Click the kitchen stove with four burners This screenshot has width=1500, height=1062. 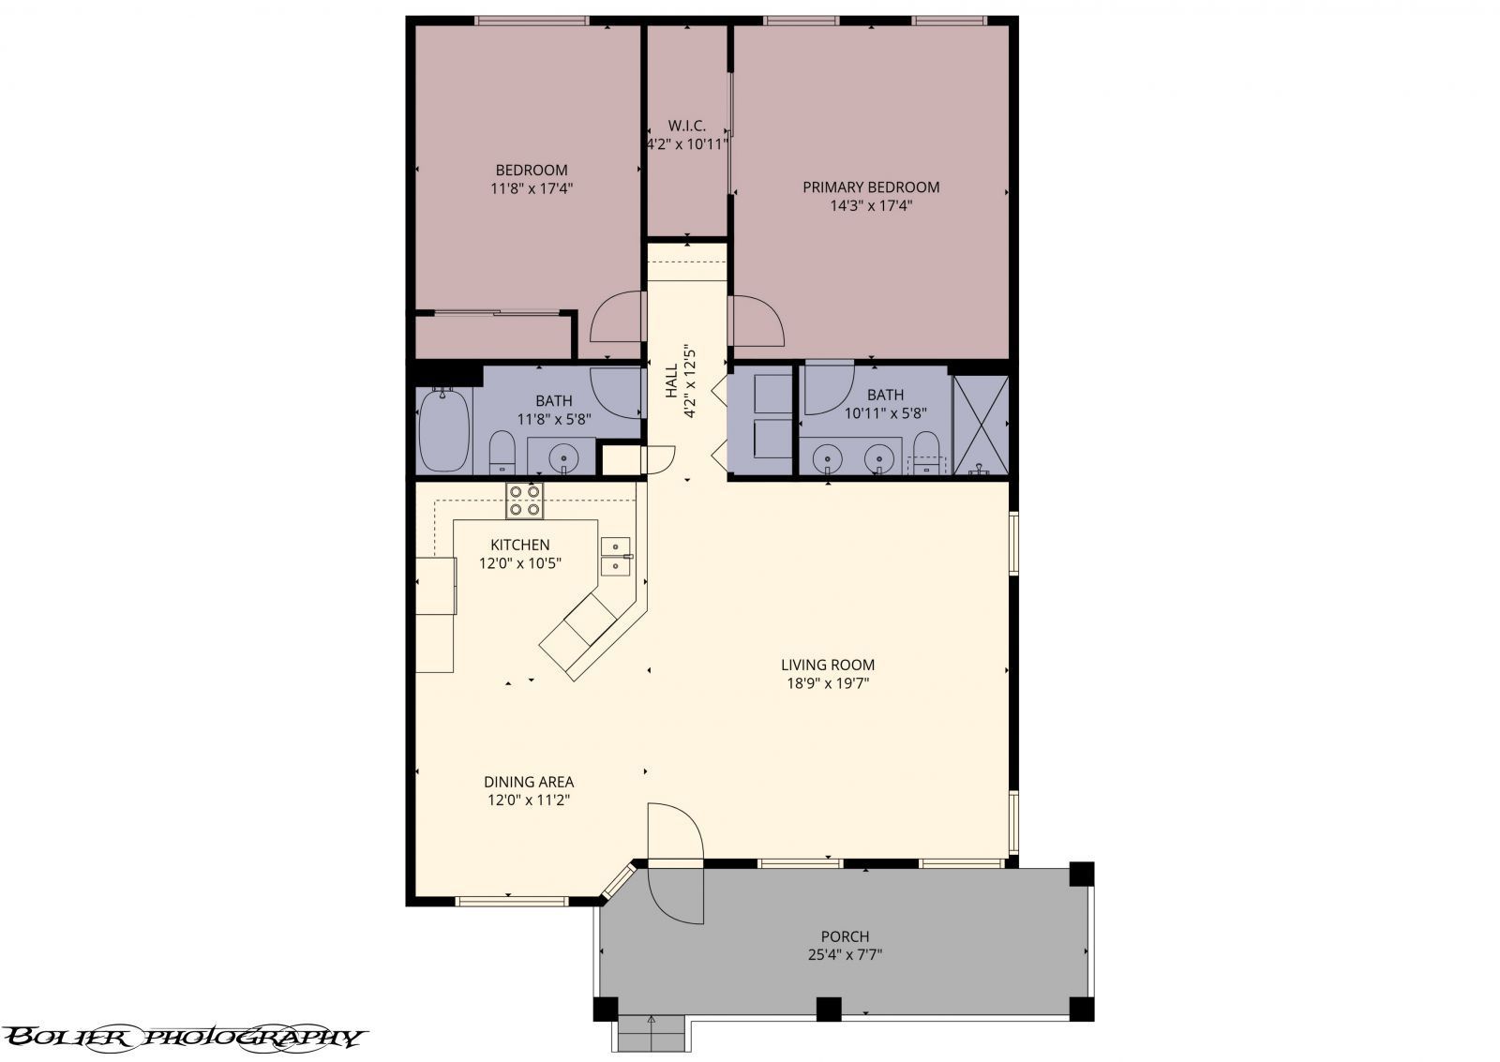tap(524, 501)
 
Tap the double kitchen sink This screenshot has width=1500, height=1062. tap(616, 556)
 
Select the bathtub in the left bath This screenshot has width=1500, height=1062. tap(443, 429)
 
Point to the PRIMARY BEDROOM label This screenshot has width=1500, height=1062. tap(870, 187)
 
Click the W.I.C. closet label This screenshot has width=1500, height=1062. tap(686, 126)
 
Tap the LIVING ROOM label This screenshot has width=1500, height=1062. tap(827, 665)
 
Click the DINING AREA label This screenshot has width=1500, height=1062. tap(528, 782)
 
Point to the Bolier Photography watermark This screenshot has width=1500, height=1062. tap(183, 1037)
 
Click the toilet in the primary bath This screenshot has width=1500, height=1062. tap(926, 452)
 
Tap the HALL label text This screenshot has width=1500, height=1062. tap(671, 381)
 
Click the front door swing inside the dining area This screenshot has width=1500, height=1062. tap(674, 830)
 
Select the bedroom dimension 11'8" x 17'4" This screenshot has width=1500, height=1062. tap(531, 188)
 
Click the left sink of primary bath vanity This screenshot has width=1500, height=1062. tap(827, 458)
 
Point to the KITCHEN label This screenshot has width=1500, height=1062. tap(519, 545)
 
